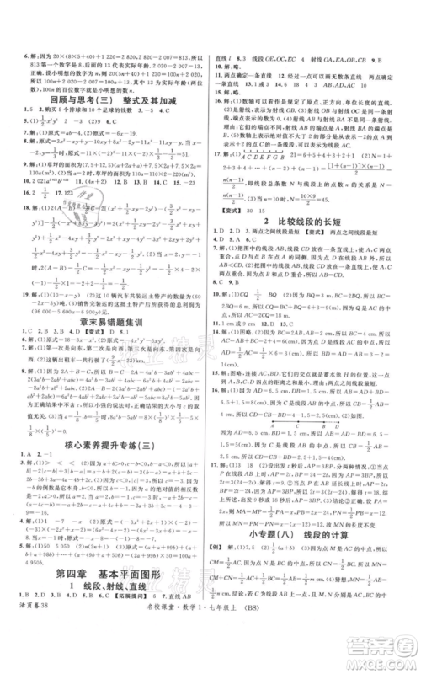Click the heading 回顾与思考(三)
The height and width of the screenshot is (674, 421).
[x=75, y=99]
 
